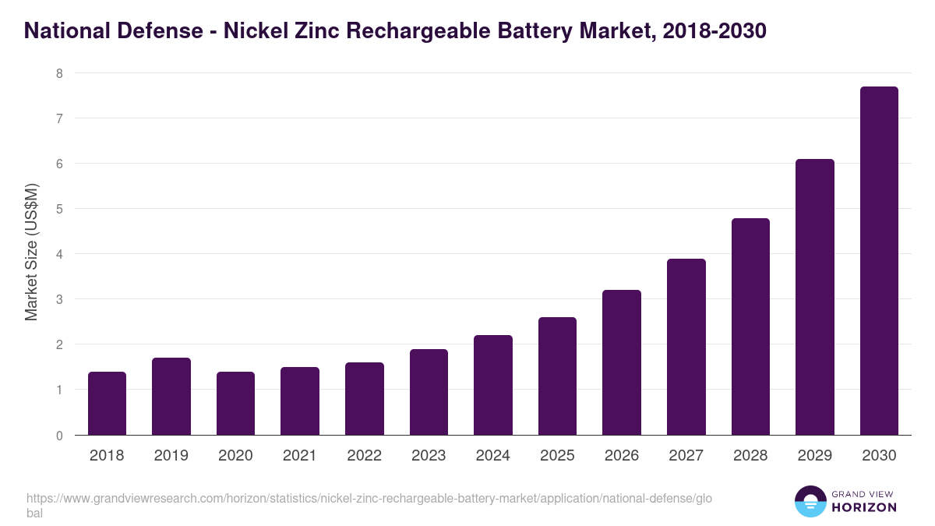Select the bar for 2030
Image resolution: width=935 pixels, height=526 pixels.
tap(879, 261)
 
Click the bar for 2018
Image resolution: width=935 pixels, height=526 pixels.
tap(107, 404)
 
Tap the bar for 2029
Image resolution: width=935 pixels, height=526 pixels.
tap(814, 297)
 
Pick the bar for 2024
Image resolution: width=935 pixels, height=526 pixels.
tap(493, 385)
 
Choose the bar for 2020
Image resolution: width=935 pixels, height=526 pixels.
tap(235, 404)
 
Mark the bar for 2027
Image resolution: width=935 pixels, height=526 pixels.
tap(686, 347)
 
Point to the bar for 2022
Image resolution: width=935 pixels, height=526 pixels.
tap(364, 399)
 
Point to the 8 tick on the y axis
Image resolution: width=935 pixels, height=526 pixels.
tap(58, 73)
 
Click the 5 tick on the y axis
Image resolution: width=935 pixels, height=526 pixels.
tap(58, 209)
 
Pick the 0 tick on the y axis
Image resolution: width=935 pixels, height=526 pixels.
tap(58, 436)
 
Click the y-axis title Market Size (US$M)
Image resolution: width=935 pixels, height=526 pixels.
tap(31, 252)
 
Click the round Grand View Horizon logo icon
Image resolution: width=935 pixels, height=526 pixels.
tap(810, 501)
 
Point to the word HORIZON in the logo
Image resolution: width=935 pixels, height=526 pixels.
tap(864, 507)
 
